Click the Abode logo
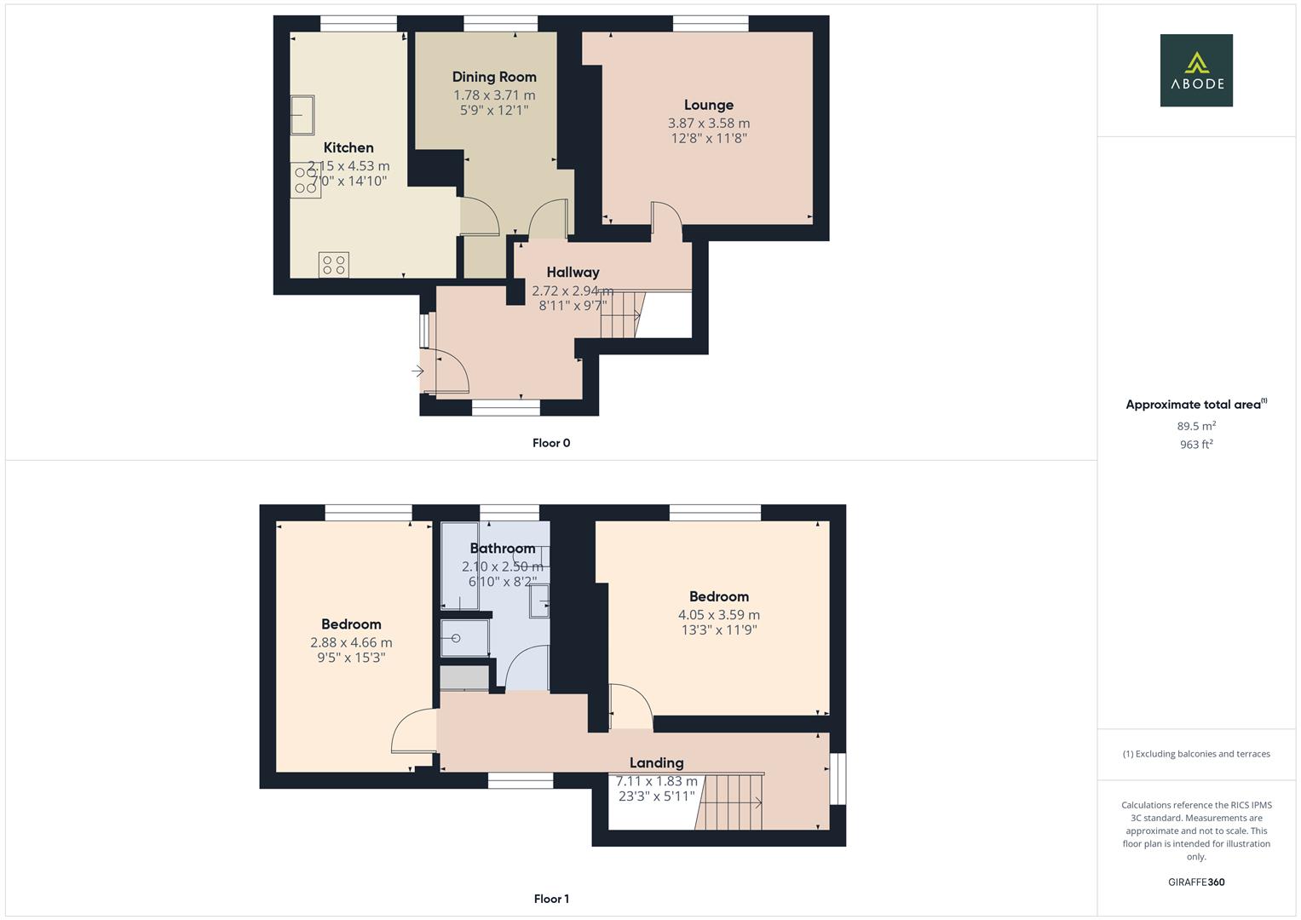(1196, 70)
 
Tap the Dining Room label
(494, 78)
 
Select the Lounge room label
(709, 105)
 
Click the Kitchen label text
(348, 147)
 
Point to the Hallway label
(573, 273)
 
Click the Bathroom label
(503, 549)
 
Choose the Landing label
(656, 763)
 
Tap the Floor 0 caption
(551, 443)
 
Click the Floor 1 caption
(551, 899)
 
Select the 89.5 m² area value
(1196, 426)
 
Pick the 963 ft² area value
(1196, 445)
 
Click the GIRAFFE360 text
(1196, 883)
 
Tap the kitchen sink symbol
(302, 115)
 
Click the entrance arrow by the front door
(417, 371)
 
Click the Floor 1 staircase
(729, 802)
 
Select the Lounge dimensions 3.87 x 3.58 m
(709, 124)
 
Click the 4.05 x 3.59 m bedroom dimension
(719, 615)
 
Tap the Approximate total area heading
(1196, 405)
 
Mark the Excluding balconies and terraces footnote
(1196, 754)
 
